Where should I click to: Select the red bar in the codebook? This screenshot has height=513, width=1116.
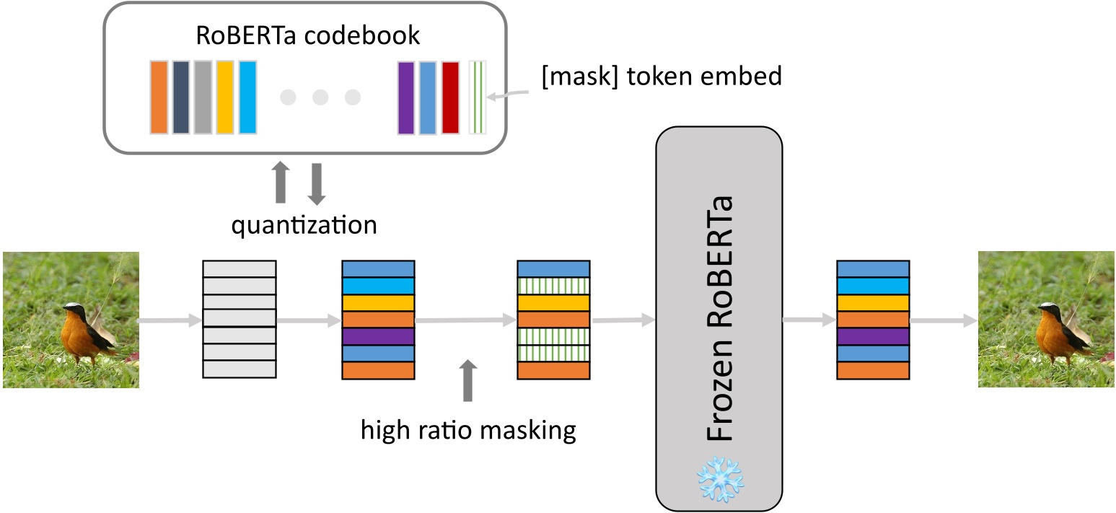pos(450,97)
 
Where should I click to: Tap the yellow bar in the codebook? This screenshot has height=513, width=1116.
pos(225,97)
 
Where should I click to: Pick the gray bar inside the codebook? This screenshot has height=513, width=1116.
pos(203,97)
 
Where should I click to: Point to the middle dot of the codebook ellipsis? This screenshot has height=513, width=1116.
pos(320,97)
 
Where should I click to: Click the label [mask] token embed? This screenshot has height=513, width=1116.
pos(662,76)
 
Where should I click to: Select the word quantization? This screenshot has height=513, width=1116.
pos(304,225)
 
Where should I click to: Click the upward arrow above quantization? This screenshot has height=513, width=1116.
pos(281,183)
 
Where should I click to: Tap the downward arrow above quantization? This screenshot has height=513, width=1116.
pos(317,183)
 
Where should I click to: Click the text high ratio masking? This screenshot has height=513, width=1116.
pos(468,431)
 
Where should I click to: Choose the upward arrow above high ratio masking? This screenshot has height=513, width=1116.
pos(468,380)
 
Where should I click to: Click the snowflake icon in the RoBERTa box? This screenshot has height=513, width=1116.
pos(719,477)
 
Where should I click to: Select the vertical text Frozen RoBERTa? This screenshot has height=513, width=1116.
pos(719,317)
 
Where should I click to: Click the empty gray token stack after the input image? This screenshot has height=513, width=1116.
pos(239,319)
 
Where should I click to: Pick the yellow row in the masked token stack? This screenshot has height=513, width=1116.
pos(553,302)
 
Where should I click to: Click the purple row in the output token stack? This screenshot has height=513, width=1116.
pos(872,336)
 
